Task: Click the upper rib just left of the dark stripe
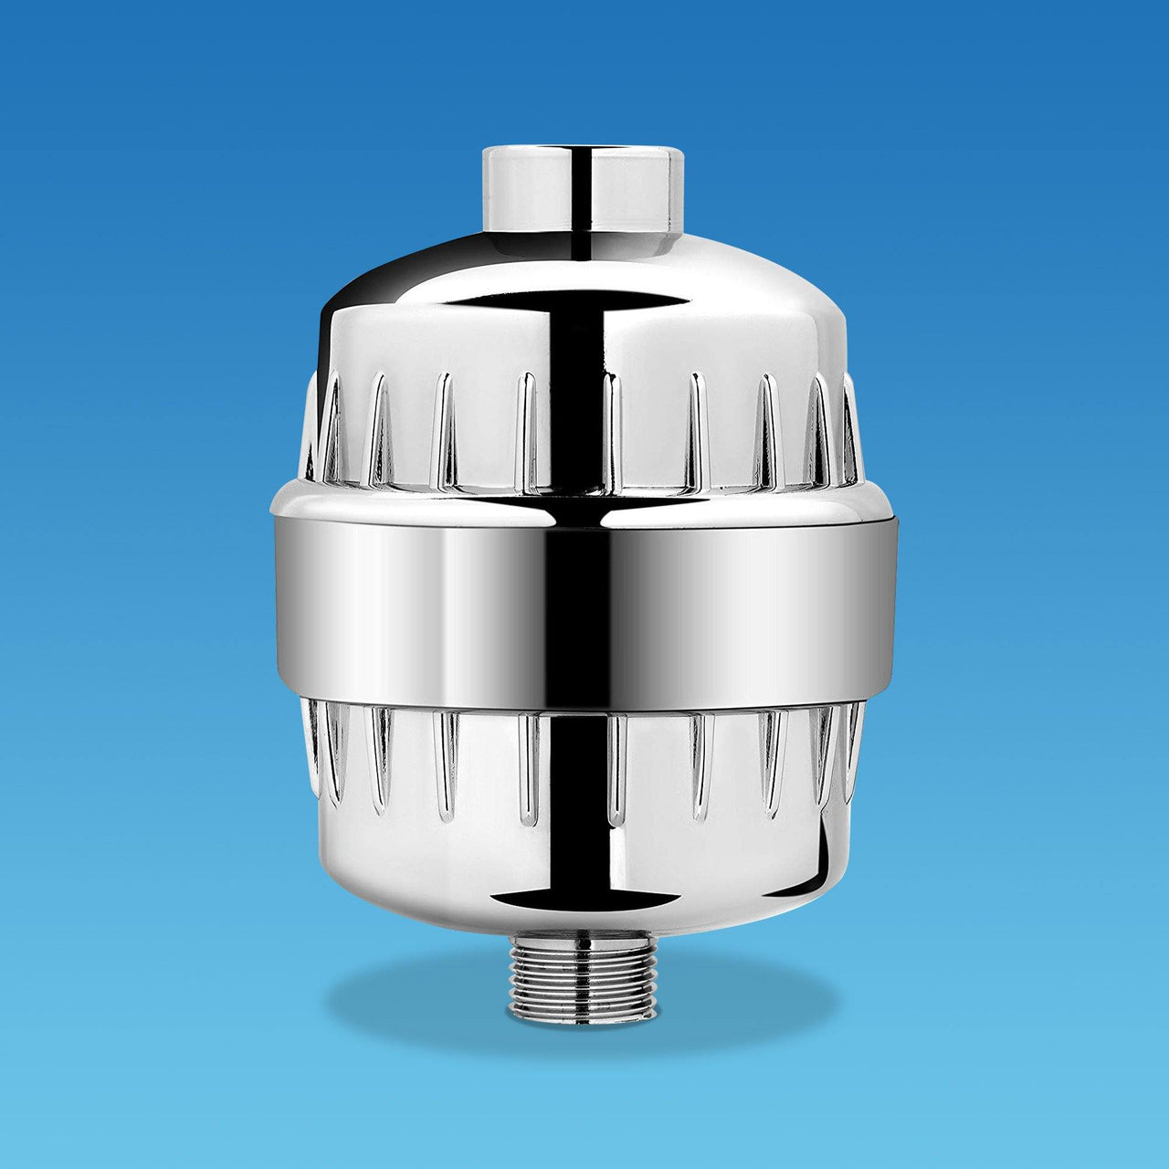527,429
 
